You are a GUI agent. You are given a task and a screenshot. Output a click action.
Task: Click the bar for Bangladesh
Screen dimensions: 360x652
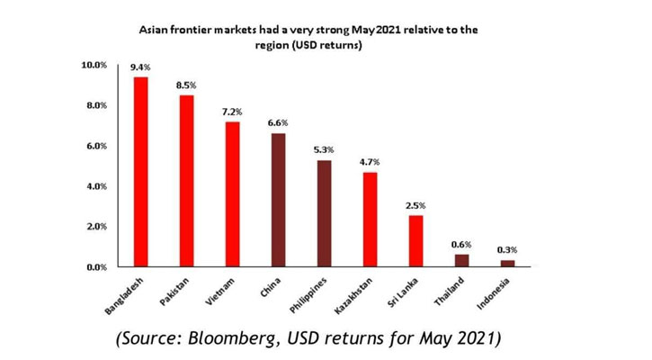[x=140, y=172]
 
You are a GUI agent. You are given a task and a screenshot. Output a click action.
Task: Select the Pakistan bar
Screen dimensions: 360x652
[x=186, y=181]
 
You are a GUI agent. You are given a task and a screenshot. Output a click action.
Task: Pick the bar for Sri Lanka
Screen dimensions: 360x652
[x=416, y=241]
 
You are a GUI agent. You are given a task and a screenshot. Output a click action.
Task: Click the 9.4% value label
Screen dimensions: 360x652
[x=140, y=67]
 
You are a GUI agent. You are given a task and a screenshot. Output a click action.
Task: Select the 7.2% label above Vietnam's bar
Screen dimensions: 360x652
[x=233, y=112]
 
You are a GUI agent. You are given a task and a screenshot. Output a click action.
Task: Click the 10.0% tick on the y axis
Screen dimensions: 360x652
[x=94, y=66]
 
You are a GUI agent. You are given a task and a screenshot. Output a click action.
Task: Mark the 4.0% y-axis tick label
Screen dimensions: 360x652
[x=96, y=186]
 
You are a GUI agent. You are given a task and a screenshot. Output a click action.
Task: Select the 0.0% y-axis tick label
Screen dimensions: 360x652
[x=96, y=267]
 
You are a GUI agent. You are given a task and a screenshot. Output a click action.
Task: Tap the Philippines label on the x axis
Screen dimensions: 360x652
[x=308, y=292]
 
